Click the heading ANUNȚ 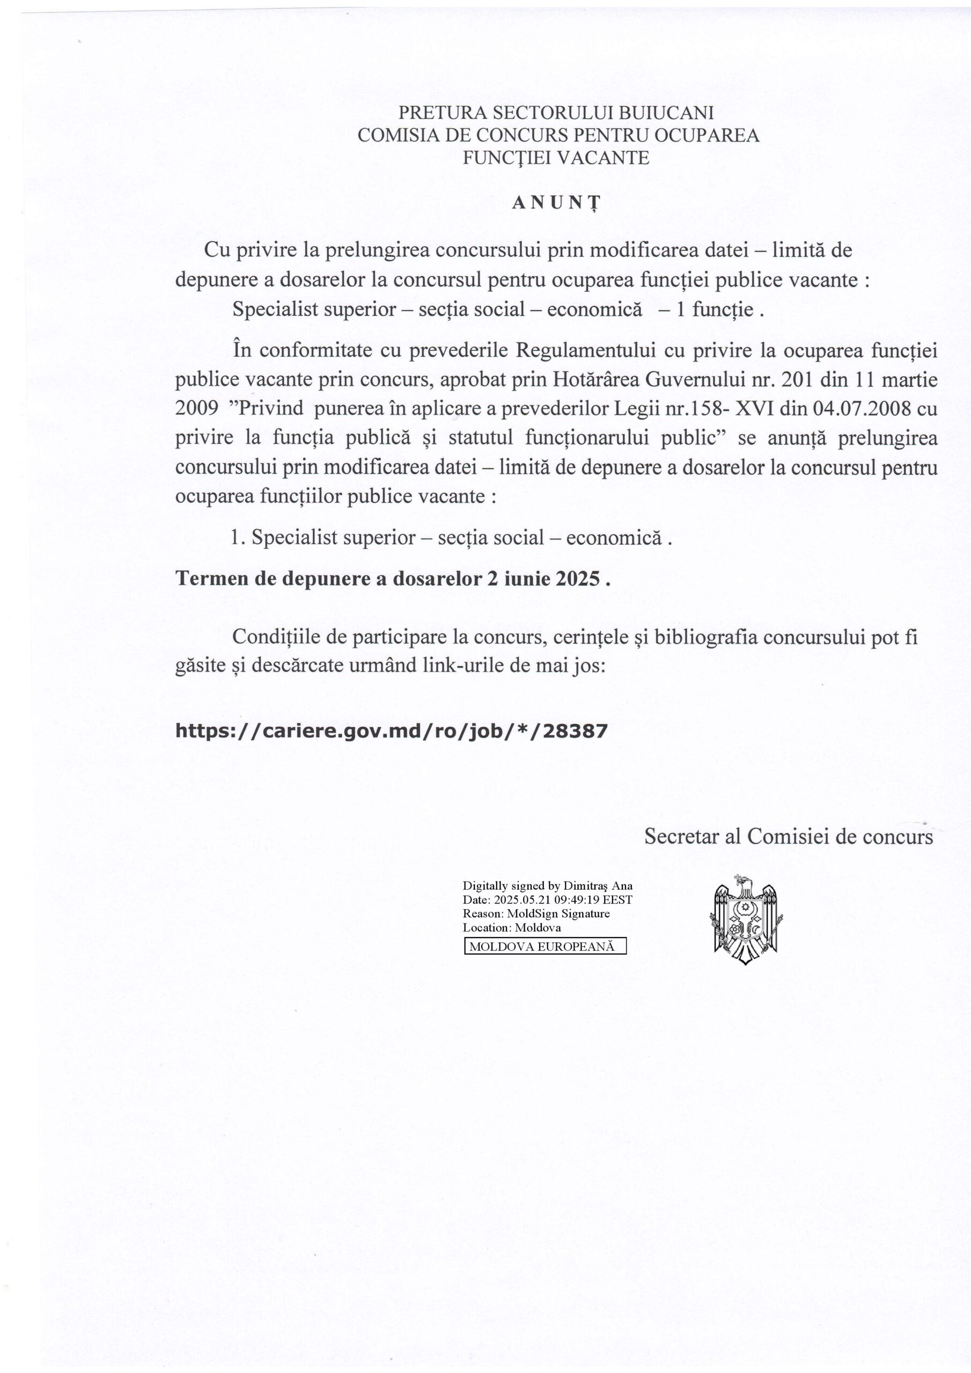tap(556, 203)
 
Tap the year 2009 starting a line tap(196, 409)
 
